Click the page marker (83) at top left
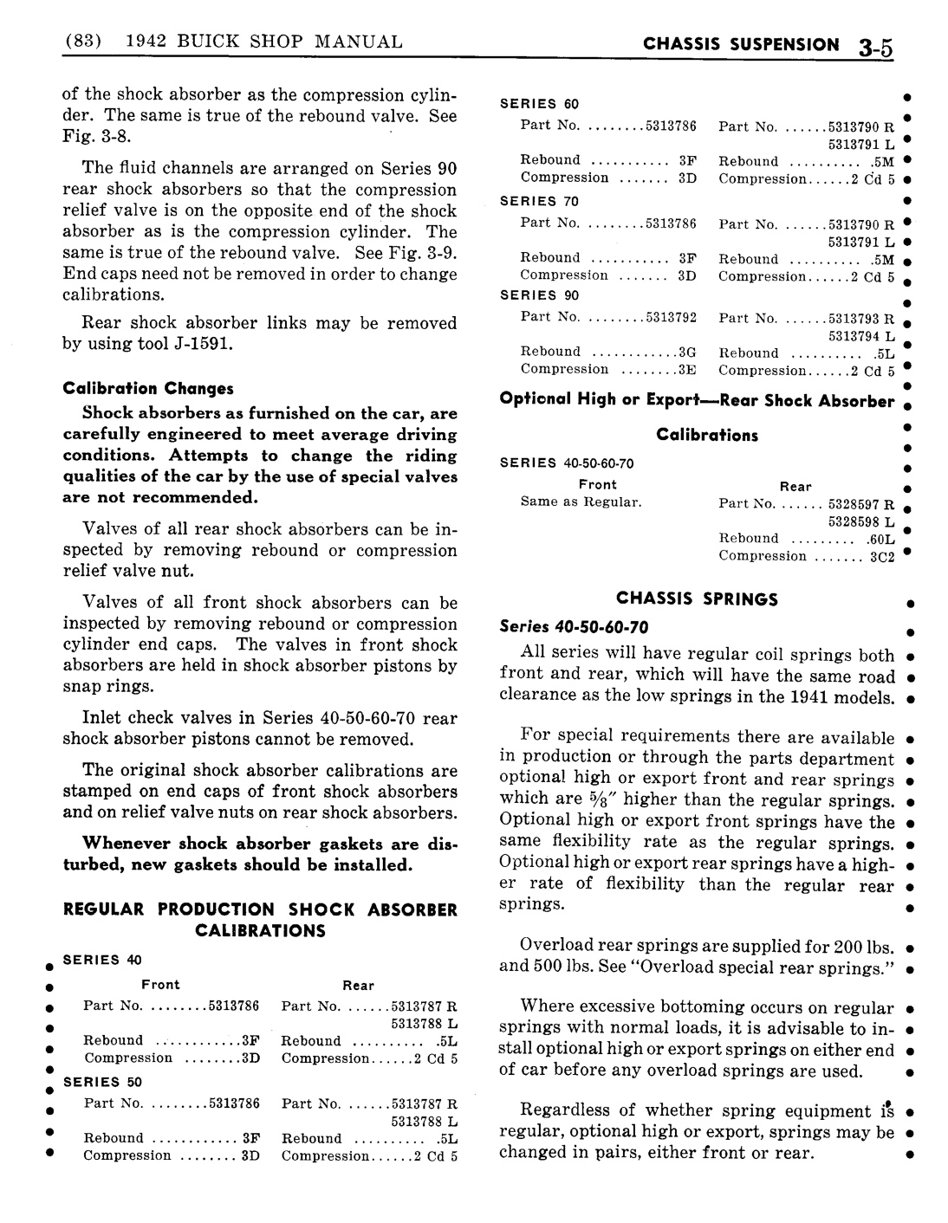coord(84,41)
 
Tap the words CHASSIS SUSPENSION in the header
coord(741,44)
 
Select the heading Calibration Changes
coord(148,388)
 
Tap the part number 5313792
coord(671,317)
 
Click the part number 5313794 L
coord(860,336)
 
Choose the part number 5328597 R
coord(860,504)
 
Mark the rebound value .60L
coord(880,539)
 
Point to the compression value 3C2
coord(881,557)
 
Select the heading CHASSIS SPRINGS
coord(697,599)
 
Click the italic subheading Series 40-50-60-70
coord(574,628)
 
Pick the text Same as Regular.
coord(581,502)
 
